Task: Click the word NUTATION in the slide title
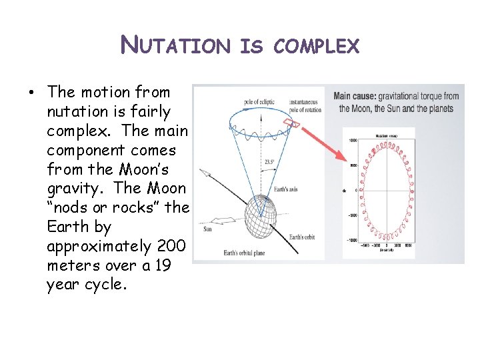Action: point(175,46)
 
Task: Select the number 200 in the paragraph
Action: point(175,246)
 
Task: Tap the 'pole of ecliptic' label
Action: point(259,101)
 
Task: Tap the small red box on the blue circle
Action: point(291,123)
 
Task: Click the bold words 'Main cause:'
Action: point(357,96)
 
